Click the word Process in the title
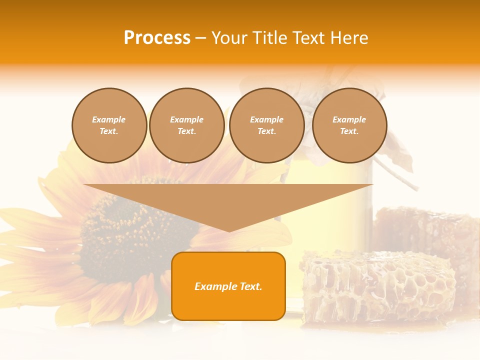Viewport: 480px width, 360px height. pos(157,38)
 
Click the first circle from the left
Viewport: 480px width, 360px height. pos(109,125)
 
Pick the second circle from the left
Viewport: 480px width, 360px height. pos(187,125)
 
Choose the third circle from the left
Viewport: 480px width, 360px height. pos(267,125)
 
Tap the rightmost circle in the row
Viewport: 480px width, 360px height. pos(349,125)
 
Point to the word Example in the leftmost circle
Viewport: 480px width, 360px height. pos(109,119)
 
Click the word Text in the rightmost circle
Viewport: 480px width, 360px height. pos(349,131)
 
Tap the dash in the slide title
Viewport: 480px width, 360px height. pos(200,38)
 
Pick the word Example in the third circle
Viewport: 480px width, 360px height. pos(267,119)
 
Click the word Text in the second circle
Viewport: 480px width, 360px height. pos(186,131)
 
